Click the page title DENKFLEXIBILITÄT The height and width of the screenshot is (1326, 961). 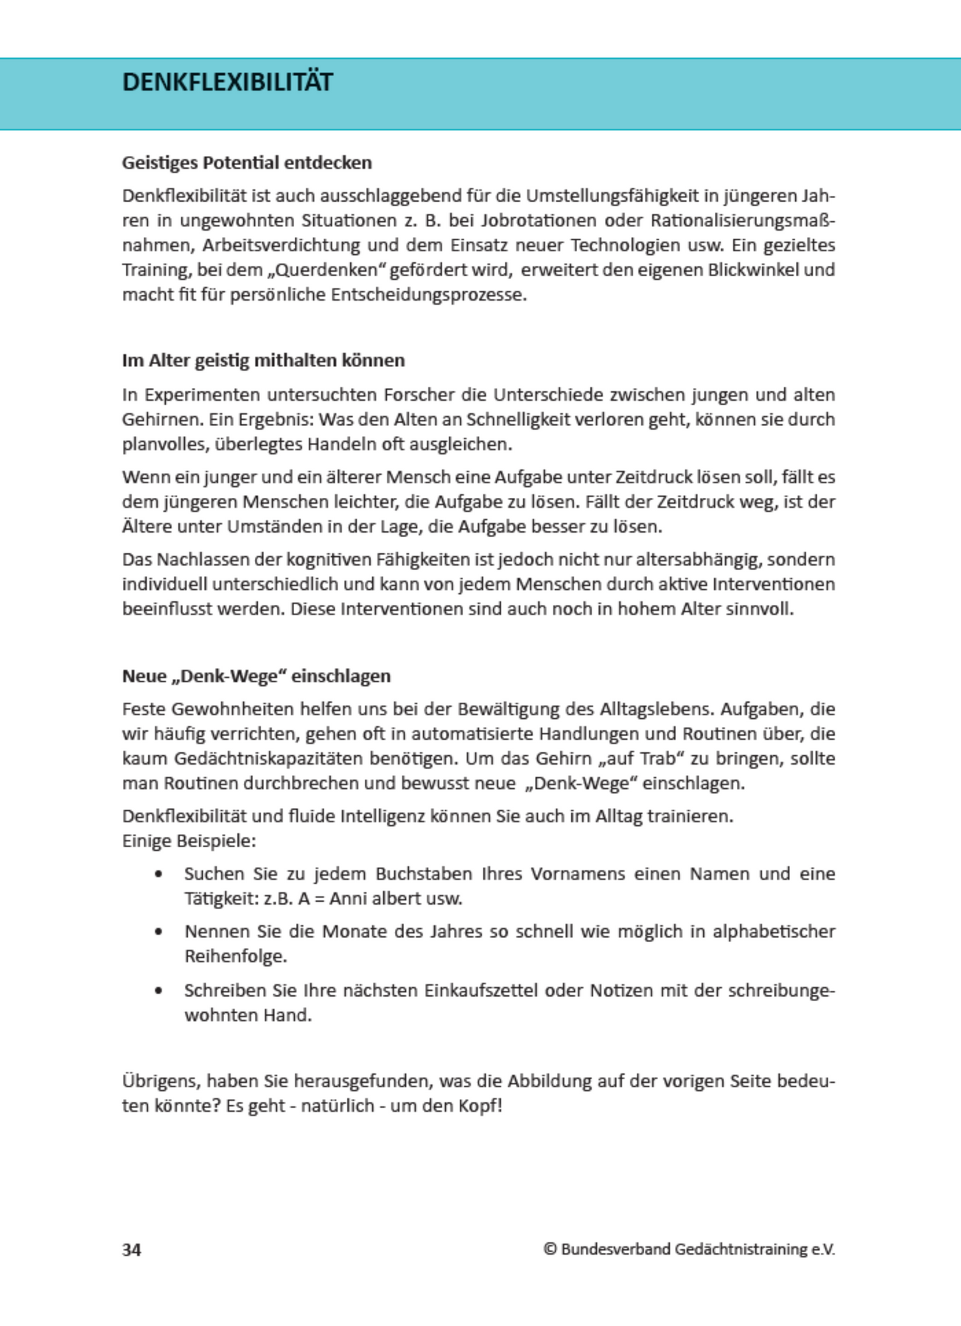(x=227, y=82)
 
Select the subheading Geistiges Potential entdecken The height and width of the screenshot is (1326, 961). (x=247, y=163)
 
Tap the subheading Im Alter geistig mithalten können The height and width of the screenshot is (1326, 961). (x=263, y=360)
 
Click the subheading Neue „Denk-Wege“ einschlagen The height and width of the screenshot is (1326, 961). (x=256, y=676)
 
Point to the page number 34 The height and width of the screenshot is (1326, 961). (x=132, y=1249)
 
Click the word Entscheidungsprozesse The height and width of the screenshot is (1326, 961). (x=428, y=295)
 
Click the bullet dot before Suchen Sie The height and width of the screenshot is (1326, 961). (x=159, y=874)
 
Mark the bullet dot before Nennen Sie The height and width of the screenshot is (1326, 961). (x=159, y=932)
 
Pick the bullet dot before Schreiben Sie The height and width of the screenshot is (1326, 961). (x=159, y=991)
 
